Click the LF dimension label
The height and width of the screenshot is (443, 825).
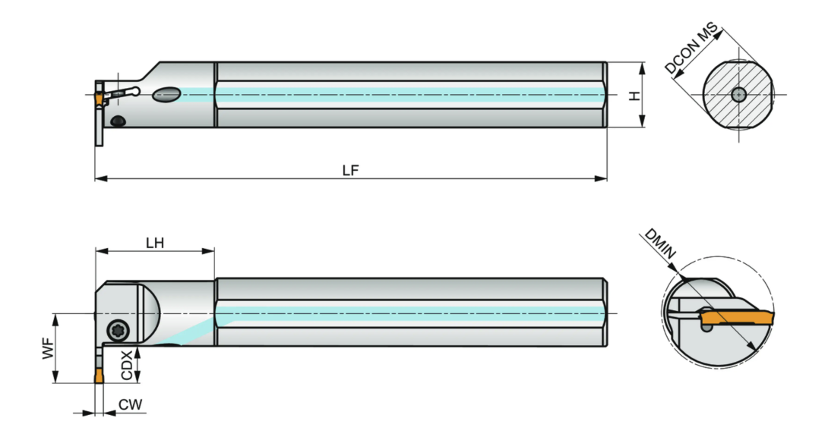(350, 170)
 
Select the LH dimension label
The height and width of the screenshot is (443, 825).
(155, 243)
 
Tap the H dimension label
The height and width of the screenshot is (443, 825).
(636, 96)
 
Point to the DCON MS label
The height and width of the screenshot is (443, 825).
(691, 48)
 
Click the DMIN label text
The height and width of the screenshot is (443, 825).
(660, 243)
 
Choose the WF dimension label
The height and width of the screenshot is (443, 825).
(49, 349)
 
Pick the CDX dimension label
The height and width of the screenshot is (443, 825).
(127, 365)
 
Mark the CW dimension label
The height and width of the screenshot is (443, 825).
(130, 404)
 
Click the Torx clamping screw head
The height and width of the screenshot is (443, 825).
(117, 331)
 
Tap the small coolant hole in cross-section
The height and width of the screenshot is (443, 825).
(738, 95)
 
